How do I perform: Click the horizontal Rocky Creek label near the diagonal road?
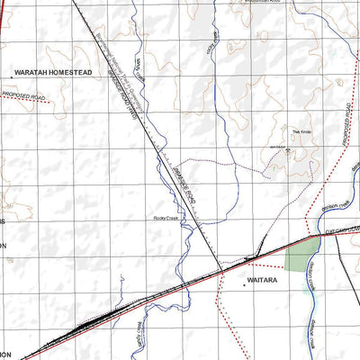[166, 219]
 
